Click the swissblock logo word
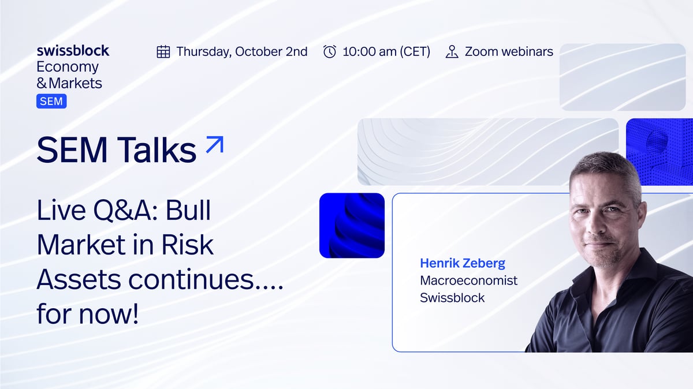pyautogui.click(x=73, y=51)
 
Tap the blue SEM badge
pyautogui.click(x=51, y=101)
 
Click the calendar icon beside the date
pyautogui.click(x=163, y=51)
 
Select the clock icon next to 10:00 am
pyautogui.click(x=330, y=51)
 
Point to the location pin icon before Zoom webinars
pyautogui.click(x=452, y=51)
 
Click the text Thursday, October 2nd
pyautogui.click(x=242, y=51)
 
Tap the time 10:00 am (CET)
pyautogui.click(x=386, y=51)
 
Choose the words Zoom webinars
pyautogui.click(x=509, y=51)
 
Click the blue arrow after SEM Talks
pyautogui.click(x=215, y=144)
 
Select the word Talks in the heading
pyautogui.click(x=157, y=149)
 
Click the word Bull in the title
pyautogui.click(x=188, y=210)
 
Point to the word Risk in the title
pyautogui.click(x=188, y=245)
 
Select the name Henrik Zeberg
pyautogui.click(x=463, y=263)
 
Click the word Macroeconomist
pyautogui.click(x=469, y=280)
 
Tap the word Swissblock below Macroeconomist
pyautogui.click(x=452, y=298)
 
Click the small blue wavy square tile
pyautogui.click(x=352, y=226)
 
